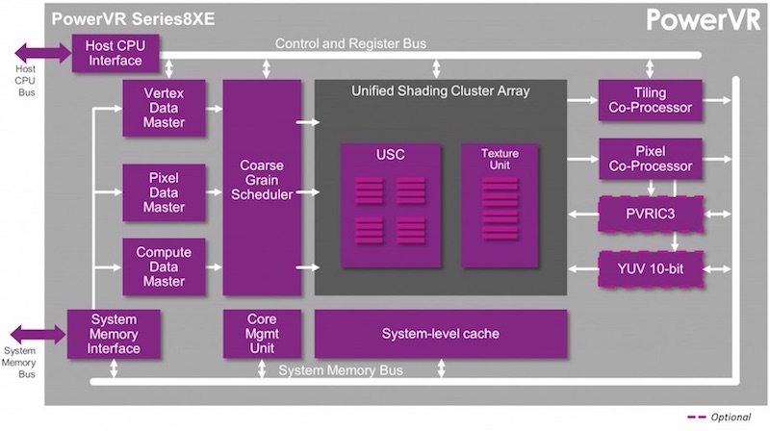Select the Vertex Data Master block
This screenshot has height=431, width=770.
pyautogui.click(x=164, y=107)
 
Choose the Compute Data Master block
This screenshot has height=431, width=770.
pyautogui.click(x=164, y=266)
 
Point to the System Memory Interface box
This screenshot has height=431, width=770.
pyautogui.click(x=114, y=334)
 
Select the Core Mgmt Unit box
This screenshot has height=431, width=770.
pyautogui.click(x=261, y=334)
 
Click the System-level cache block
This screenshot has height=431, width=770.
pyautogui.click(x=440, y=334)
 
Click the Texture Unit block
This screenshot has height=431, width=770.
pyautogui.click(x=500, y=205)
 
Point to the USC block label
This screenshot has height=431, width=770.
pyautogui.click(x=391, y=155)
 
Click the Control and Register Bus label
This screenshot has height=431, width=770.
pyautogui.click(x=350, y=43)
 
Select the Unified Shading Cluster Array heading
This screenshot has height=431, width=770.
pyautogui.click(x=440, y=91)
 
